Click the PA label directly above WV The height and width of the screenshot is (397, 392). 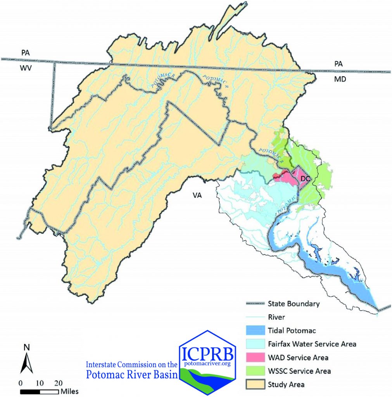(26, 53)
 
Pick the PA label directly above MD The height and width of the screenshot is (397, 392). (338, 64)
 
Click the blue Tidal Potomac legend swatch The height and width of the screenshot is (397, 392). (254, 331)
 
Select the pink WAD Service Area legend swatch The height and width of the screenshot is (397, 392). (254, 357)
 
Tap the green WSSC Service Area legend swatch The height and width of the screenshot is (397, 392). (254, 371)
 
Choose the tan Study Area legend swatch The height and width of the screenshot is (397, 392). (254, 385)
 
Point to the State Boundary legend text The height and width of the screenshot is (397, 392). (294, 304)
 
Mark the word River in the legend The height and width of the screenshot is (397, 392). (276, 317)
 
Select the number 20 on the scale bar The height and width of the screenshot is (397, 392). (59, 382)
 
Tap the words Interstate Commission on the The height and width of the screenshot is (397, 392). (131, 365)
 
